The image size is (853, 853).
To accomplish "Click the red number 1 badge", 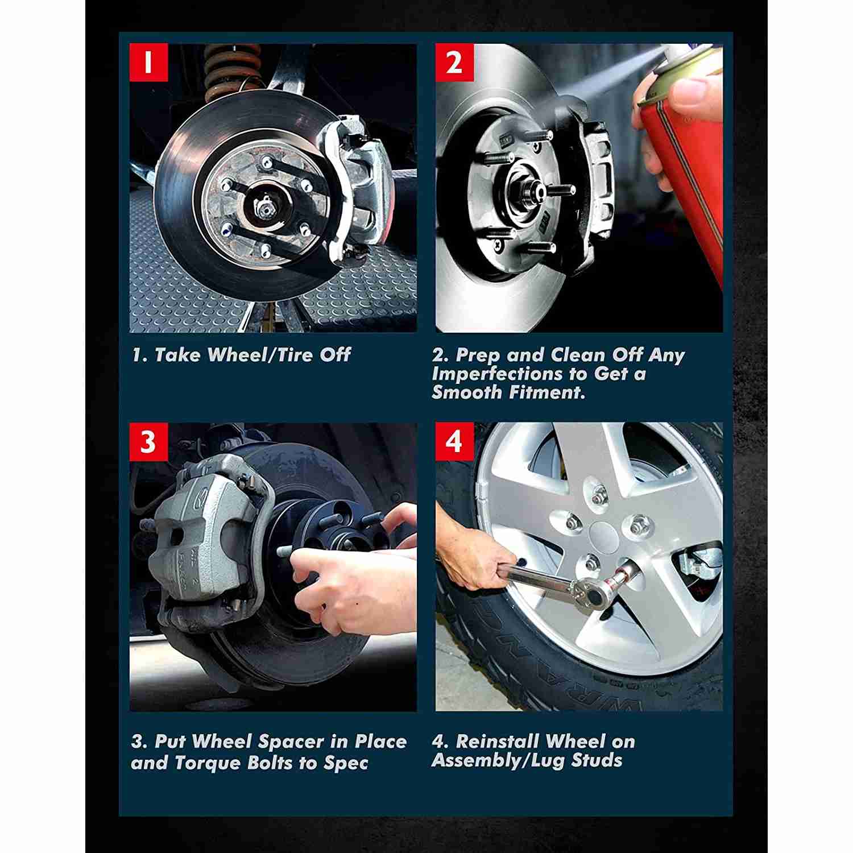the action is click(148, 62).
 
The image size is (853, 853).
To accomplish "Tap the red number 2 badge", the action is click(454, 62).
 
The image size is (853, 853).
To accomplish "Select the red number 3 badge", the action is click(148, 441).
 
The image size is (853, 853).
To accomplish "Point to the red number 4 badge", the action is click(454, 441).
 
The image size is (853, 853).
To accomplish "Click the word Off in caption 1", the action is click(335, 355).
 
